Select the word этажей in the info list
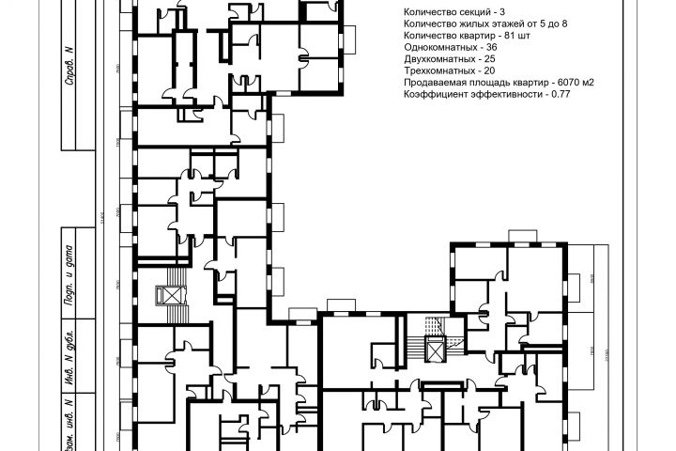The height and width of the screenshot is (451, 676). click(x=501, y=23)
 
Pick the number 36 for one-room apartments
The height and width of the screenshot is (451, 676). click(x=492, y=46)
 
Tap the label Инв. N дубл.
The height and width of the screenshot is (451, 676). click(x=69, y=356)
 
